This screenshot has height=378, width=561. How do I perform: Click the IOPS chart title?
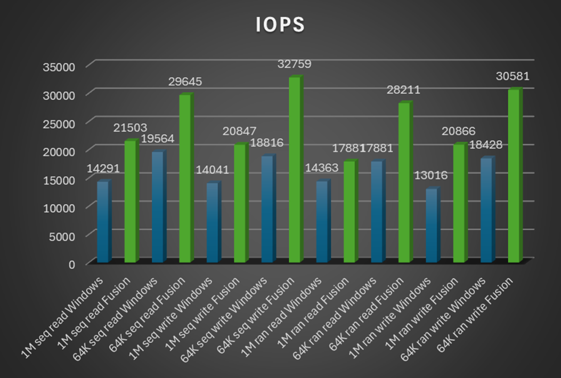point(280,25)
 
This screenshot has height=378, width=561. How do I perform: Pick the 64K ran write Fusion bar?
point(514,175)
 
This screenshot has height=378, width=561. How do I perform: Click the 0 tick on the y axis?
point(72,263)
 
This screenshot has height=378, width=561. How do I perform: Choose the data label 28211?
point(403,90)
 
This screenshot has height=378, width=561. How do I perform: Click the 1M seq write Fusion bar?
point(240,203)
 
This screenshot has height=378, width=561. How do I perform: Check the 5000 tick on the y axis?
point(65,235)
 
